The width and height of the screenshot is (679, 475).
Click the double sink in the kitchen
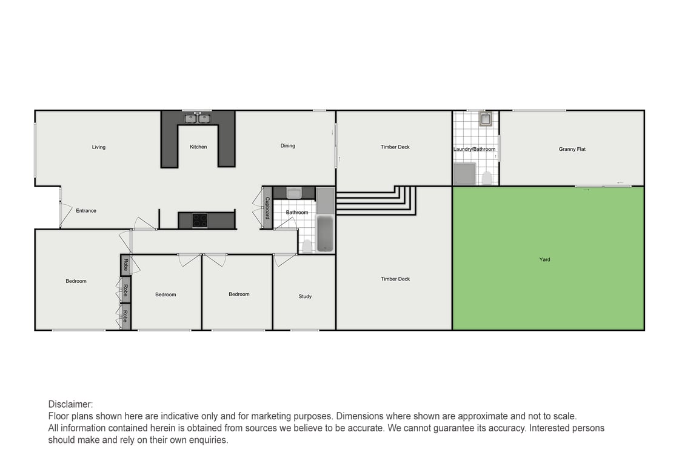(198, 119)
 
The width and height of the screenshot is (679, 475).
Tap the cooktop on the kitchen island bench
(200, 221)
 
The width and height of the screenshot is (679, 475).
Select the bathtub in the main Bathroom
(325, 234)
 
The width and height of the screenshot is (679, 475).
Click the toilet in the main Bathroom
(307, 245)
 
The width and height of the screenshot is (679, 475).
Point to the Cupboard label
(267, 208)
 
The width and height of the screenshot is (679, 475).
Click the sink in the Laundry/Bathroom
(485, 119)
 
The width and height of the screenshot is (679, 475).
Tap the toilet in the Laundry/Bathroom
(487, 178)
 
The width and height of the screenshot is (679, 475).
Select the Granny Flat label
(572, 149)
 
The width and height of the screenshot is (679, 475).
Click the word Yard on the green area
(544, 259)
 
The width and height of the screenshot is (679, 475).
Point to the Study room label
(305, 296)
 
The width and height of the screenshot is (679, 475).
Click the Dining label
(287, 145)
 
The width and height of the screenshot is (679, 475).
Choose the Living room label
(98, 147)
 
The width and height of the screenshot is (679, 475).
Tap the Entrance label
(86, 211)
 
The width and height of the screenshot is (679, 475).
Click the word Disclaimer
(70, 404)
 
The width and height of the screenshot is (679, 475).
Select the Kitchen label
(198, 147)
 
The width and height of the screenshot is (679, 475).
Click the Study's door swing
(283, 260)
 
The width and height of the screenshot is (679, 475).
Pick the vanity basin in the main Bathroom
(295, 193)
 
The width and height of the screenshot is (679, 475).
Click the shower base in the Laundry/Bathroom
(465, 173)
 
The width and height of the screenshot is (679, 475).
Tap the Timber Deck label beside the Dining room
(395, 147)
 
